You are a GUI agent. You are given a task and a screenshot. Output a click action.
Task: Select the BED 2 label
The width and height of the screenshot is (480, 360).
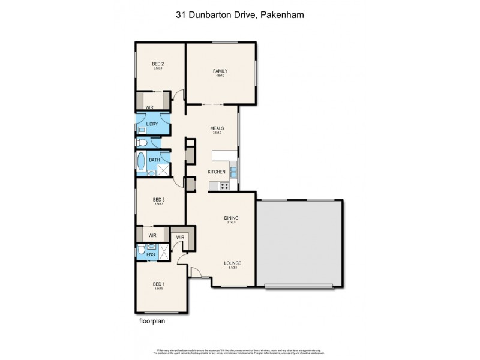pyautogui.click(x=158, y=64)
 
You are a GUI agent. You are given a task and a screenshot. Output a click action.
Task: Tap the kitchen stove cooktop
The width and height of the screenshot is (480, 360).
pyautogui.click(x=225, y=186)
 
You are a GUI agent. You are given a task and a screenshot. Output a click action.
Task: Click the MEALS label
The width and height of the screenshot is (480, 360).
pyautogui.click(x=217, y=128)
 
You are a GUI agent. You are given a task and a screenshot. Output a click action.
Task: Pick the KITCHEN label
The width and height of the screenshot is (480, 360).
pyautogui.click(x=216, y=172)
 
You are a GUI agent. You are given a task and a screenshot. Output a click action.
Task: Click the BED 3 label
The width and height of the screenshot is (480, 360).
pyautogui.click(x=158, y=200)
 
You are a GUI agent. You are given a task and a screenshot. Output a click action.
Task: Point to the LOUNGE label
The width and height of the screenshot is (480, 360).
pyautogui.click(x=232, y=263)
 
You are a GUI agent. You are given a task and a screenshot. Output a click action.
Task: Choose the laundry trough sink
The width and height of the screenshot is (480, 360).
pyautogui.click(x=142, y=130)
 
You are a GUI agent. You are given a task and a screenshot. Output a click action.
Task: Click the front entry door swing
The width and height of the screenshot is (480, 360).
pyautogui.click(x=196, y=271)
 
